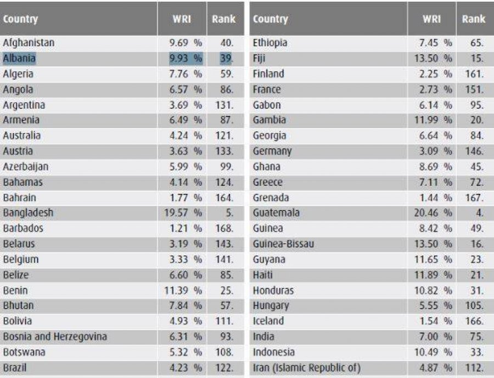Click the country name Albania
[19, 58]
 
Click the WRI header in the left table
[182, 19]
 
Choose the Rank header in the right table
[473, 19]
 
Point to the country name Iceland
[268, 321]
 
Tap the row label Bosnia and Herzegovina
[55, 337]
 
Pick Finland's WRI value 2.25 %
[436, 74]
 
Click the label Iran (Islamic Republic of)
[307, 368]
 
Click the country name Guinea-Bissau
[283, 243]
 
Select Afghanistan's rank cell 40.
[226, 43]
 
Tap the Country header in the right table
[270, 19]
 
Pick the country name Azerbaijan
[26, 166]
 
